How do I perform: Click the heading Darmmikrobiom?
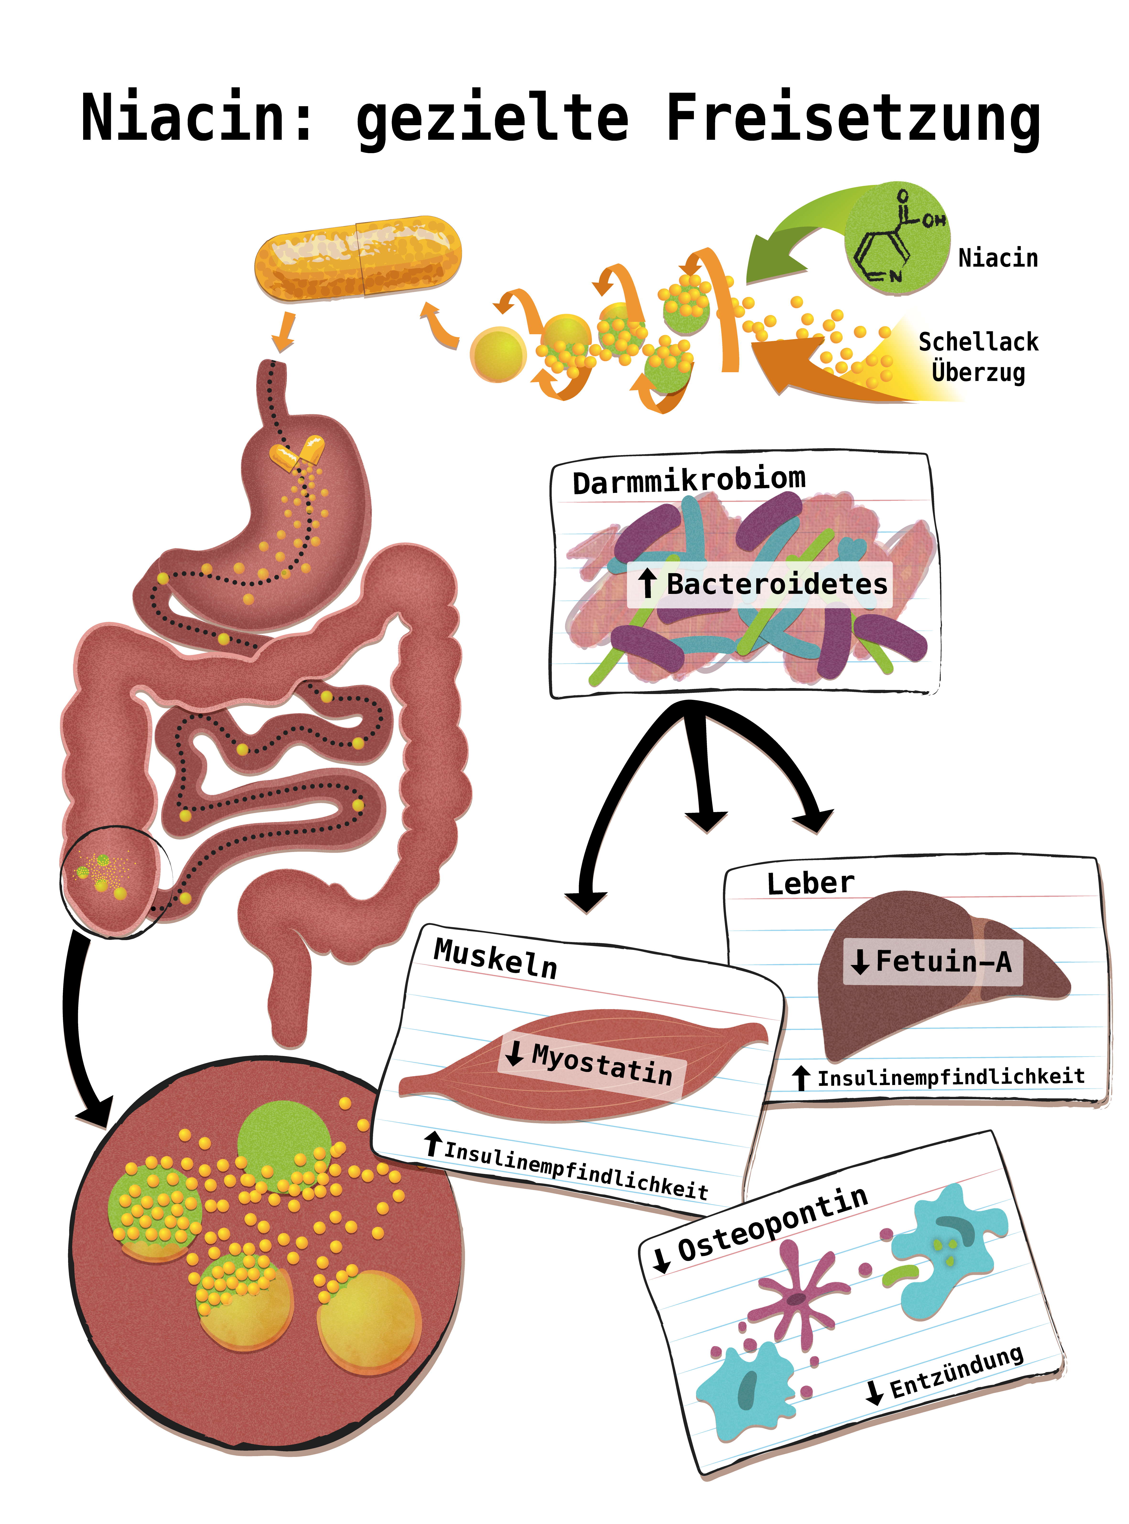(689, 480)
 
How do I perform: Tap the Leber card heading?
(810, 883)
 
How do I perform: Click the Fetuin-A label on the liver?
(943, 962)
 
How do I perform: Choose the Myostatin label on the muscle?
(601, 1064)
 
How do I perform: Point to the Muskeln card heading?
(496, 958)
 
